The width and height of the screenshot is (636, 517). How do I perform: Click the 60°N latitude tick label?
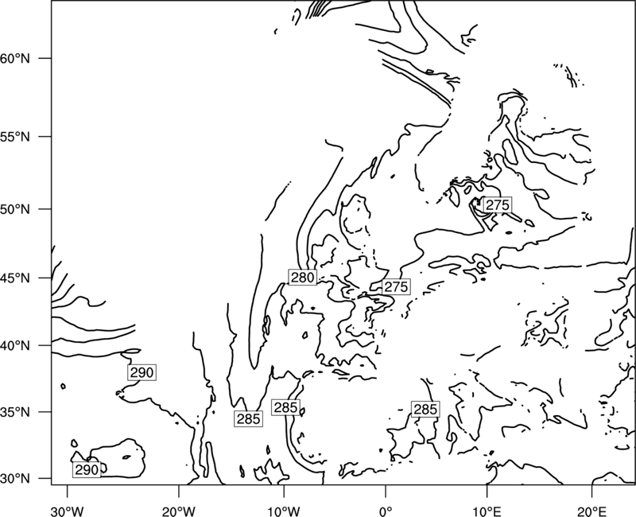[x=15, y=58]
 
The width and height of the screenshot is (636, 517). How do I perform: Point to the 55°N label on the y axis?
[x=15, y=137]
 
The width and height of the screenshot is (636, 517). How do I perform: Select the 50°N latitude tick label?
[x=15, y=209]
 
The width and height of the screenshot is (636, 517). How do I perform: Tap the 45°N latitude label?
[x=15, y=278]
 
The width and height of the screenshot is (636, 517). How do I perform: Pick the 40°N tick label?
[x=15, y=346]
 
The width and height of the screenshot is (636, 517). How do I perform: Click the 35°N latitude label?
[x=15, y=412]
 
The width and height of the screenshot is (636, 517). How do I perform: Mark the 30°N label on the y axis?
[x=15, y=479]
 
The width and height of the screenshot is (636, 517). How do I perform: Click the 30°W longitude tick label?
[x=68, y=511]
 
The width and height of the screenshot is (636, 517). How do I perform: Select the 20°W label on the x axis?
[x=179, y=511]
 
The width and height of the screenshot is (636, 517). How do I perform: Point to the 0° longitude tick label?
[x=386, y=511]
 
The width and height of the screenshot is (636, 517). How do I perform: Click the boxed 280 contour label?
[x=303, y=277]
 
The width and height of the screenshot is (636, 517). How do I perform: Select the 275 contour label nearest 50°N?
[x=498, y=205]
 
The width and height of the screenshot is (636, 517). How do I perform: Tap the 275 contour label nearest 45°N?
[x=396, y=287]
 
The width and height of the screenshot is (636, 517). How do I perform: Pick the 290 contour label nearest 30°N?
[x=87, y=469]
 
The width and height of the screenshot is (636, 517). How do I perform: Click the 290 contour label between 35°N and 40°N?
[x=142, y=372]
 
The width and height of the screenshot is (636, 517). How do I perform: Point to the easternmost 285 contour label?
[x=425, y=409]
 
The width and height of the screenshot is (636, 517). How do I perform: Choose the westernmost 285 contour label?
[x=248, y=419]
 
